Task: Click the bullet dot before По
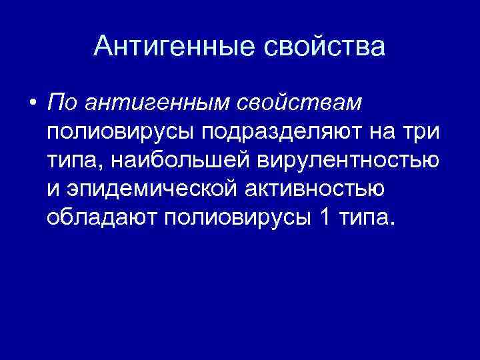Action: point(32,103)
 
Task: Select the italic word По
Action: point(63,103)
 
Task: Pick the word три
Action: point(422,132)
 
